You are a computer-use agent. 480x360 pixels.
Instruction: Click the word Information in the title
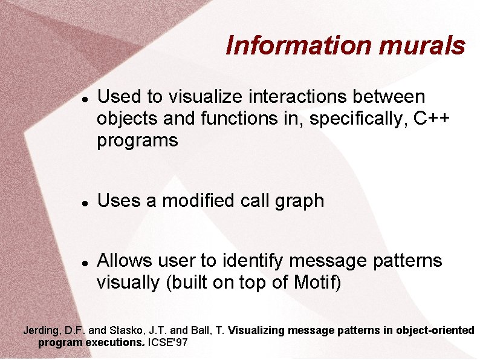point(296,45)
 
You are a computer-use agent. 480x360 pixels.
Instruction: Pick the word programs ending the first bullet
point(137,141)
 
